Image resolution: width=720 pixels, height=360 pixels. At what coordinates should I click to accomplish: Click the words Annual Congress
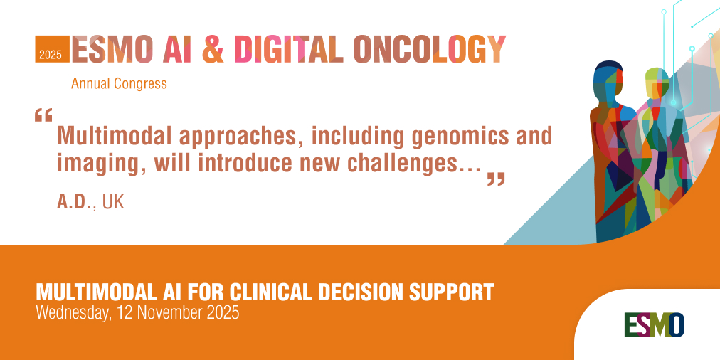pos(119,83)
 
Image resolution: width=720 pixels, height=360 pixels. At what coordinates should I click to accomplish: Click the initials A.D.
pos(76,201)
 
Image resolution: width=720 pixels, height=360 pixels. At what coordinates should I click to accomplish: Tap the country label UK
pos(113,201)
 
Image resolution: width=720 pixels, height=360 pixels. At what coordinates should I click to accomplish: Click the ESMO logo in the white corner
pos(654,324)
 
